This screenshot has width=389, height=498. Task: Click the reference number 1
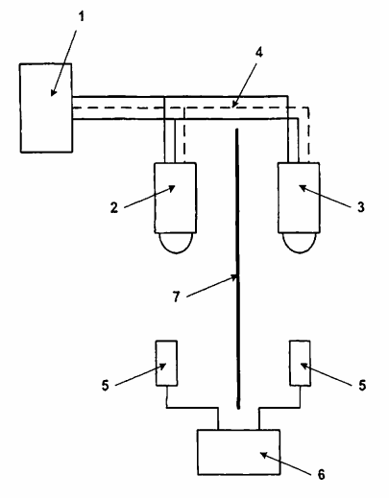pos(82,16)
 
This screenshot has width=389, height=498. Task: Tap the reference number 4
pos(259,53)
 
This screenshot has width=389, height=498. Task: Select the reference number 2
pos(114,208)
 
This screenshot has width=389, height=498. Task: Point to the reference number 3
pos(361,207)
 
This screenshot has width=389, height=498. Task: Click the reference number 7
pos(177,297)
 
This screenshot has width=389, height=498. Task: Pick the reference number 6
pos(321,474)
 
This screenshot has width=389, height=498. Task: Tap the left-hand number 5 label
pos(106,385)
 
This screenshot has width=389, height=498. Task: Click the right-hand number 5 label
pos(362,385)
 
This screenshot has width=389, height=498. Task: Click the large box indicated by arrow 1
pos(46,107)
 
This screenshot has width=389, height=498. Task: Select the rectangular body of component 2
pos(175,198)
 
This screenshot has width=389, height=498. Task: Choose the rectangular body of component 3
pos(299,198)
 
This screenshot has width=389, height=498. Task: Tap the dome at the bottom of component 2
pos(177,244)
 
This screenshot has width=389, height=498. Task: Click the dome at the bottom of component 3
pos(300,244)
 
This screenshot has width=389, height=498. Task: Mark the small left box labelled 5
pos(166,363)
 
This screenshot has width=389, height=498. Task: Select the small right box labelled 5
pos(300,363)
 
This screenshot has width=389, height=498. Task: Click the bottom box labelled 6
pos(239,452)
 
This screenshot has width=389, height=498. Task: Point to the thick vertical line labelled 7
pos(237,269)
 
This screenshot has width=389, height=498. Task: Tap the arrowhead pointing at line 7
pos(232,278)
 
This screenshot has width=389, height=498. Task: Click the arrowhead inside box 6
pos(264,455)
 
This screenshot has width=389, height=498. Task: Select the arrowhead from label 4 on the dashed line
pos(234,104)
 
